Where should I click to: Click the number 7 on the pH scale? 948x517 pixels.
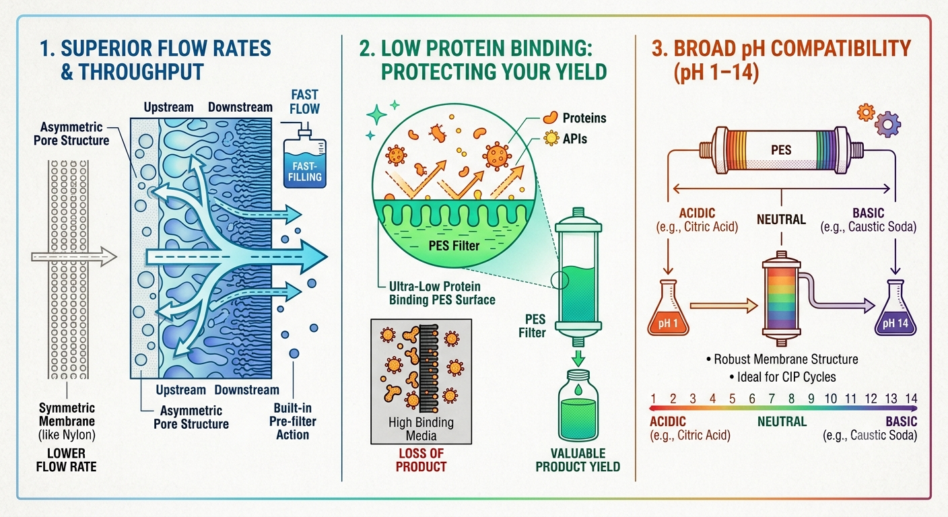pyautogui.click(x=772, y=399)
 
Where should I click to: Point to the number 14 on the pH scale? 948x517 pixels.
pyautogui.click(x=911, y=399)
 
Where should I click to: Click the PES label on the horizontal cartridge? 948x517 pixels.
pyautogui.click(x=781, y=150)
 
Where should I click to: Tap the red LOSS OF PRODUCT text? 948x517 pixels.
pyautogui.click(x=421, y=460)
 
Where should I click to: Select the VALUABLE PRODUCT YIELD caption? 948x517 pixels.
pyautogui.click(x=578, y=460)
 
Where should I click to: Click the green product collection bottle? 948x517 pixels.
pyautogui.click(x=578, y=406)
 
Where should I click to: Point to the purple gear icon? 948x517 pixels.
pyautogui.click(x=887, y=125)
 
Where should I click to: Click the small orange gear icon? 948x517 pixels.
pyautogui.click(x=865, y=112)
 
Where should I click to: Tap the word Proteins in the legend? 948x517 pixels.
pyautogui.click(x=584, y=118)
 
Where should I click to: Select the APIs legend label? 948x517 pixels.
pyautogui.click(x=574, y=139)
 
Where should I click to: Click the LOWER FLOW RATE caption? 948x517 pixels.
pyautogui.click(x=66, y=460)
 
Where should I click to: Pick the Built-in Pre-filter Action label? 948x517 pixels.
pyautogui.click(x=292, y=421)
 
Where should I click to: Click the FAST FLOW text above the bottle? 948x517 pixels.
pyautogui.click(x=304, y=102)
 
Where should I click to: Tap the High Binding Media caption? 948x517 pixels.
pyautogui.click(x=421, y=429)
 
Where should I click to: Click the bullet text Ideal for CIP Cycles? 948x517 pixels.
pyautogui.click(x=782, y=377)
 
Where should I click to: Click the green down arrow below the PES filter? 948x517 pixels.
pyautogui.click(x=578, y=358)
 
